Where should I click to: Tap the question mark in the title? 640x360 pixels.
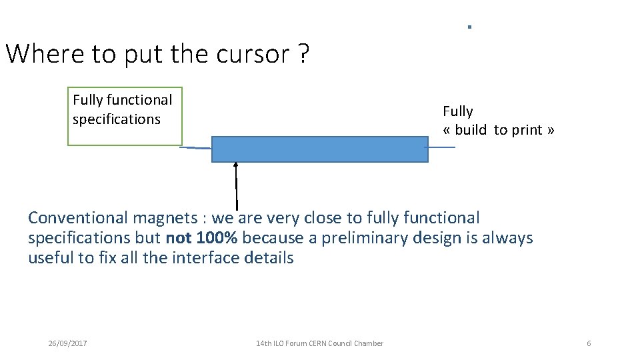tap(304, 54)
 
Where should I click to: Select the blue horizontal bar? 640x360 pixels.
tap(319, 149)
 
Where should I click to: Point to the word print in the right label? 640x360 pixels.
tap(527, 130)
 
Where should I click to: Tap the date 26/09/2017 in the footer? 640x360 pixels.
tap(67, 343)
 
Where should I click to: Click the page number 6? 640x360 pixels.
tap(589, 343)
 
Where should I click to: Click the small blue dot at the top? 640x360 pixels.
tap(469, 27)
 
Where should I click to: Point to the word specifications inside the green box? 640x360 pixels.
tap(117, 119)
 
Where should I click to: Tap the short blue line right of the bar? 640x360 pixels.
tap(441, 147)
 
